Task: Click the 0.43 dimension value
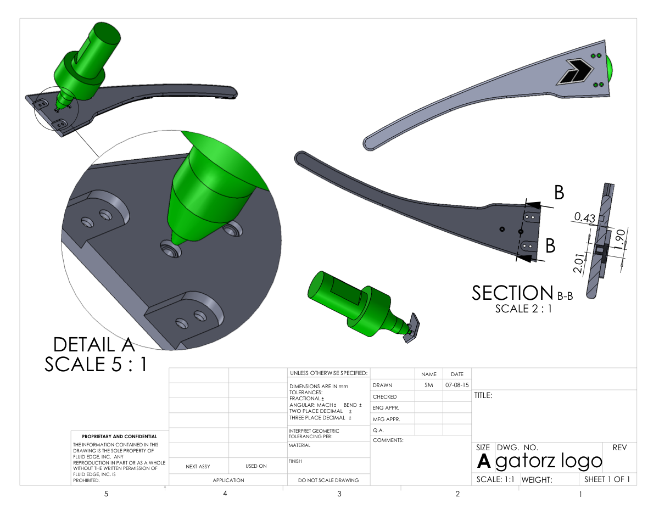pyautogui.click(x=585, y=217)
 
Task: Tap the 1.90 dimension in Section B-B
pyautogui.click(x=621, y=239)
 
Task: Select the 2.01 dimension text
pyautogui.click(x=578, y=263)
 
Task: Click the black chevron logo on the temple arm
pyautogui.click(x=574, y=72)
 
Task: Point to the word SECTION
pyautogui.click(x=512, y=293)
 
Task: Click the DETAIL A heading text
pyautogui.click(x=94, y=345)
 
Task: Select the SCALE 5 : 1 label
pyautogui.click(x=96, y=365)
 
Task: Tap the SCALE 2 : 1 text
pyautogui.click(x=523, y=309)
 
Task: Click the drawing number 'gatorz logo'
pyautogui.click(x=549, y=461)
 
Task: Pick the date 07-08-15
pyautogui.click(x=457, y=385)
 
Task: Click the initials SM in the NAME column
pyautogui.click(x=428, y=385)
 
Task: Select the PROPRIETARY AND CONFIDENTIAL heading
pyautogui.click(x=120, y=437)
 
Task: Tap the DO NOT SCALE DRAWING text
pyautogui.click(x=328, y=480)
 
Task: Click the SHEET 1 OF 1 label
pyautogui.click(x=607, y=479)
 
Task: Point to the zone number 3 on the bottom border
pyautogui.click(x=339, y=494)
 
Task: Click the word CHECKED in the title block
pyautogui.click(x=384, y=396)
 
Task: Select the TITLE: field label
pyautogui.click(x=483, y=395)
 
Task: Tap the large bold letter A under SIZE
pyautogui.click(x=483, y=461)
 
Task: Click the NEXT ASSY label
pyautogui.click(x=198, y=466)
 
